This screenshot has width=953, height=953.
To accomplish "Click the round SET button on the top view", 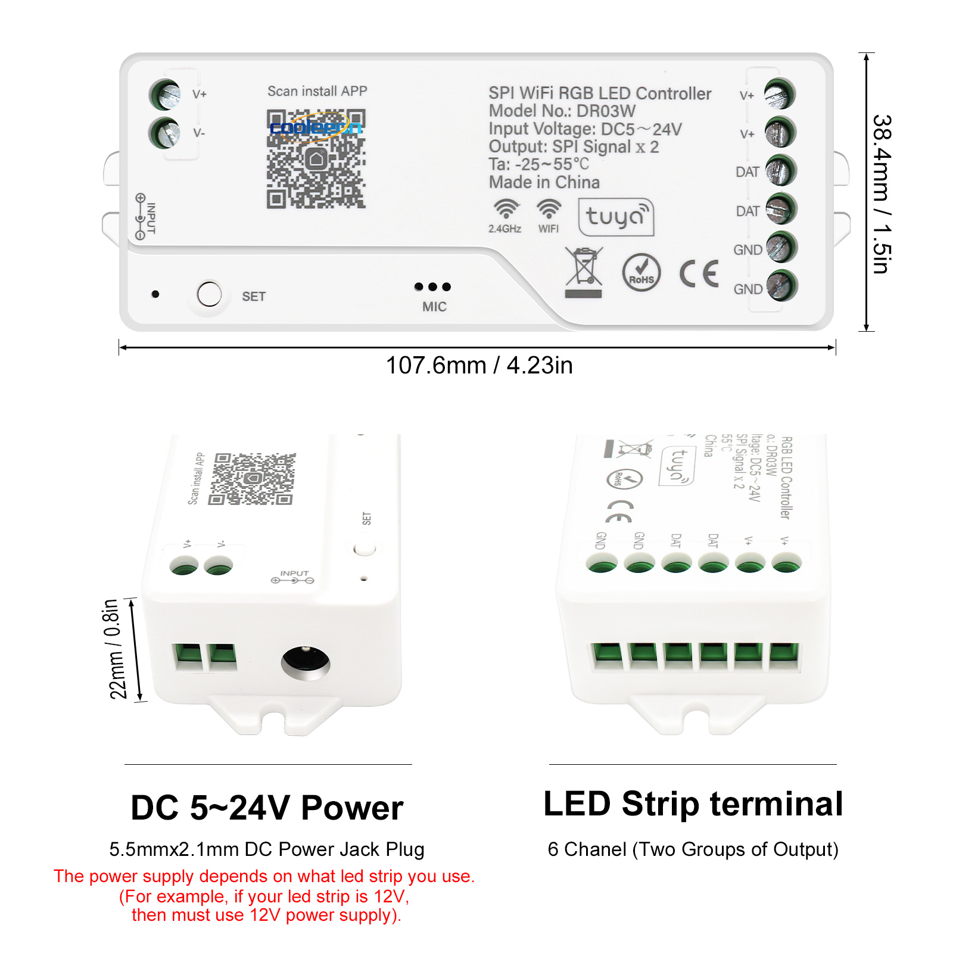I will (x=209, y=294).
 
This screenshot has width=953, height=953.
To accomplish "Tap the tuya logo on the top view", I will (x=616, y=217).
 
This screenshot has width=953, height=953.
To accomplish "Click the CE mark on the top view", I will (x=699, y=274).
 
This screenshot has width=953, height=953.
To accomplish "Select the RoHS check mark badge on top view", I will (x=641, y=273).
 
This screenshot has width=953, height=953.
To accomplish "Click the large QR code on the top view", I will (x=316, y=159).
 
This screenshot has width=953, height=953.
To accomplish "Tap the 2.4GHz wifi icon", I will (x=506, y=210).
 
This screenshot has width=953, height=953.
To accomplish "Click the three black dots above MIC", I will (x=433, y=287).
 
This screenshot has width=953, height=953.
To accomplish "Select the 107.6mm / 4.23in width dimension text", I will (x=479, y=365).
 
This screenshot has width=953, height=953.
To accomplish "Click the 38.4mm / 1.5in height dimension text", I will (x=882, y=194).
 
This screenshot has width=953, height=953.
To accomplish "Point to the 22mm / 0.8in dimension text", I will (x=116, y=649).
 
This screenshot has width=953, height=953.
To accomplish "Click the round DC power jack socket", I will (x=306, y=663).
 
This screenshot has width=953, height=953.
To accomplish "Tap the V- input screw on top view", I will (x=165, y=133).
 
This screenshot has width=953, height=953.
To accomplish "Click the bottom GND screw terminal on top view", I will (x=781, y=286).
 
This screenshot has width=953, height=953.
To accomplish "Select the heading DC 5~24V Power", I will (x=267, y=808).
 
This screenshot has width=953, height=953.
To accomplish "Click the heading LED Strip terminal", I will (x=693, y=804).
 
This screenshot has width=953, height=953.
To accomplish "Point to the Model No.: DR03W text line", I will (x=562, y=111).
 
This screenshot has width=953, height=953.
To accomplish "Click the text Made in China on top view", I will (x=544, y=182).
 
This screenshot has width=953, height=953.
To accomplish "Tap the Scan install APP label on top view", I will (x=317, y=91).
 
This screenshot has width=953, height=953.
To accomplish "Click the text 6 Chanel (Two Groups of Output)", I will (x=693, y=849).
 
